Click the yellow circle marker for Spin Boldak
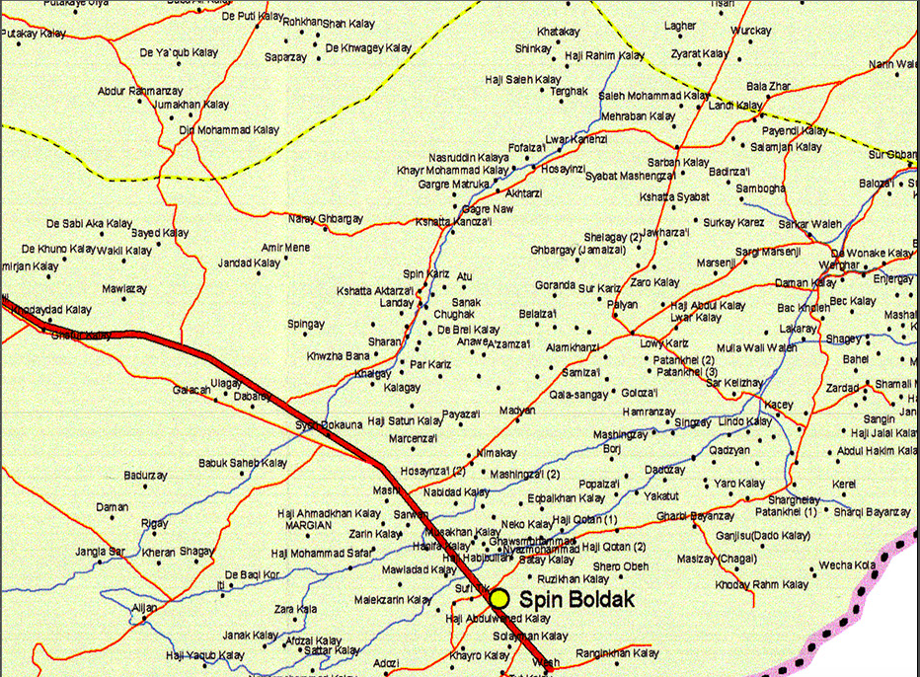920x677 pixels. [498, 598]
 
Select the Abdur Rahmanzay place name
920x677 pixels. [140, 91]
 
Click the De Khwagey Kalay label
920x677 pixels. [368, 48]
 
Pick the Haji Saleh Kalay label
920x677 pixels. [523, 79]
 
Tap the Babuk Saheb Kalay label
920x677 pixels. [243, 462]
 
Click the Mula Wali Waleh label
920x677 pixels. [756, 347]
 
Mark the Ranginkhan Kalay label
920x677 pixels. [617, 653]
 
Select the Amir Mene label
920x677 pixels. [284, 247]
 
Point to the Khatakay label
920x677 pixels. [559, 32]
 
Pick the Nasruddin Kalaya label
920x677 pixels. [469, 157]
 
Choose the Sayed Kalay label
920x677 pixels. [160, 233]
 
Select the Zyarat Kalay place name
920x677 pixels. [700, 53]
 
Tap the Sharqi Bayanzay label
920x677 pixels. [871, 512]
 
